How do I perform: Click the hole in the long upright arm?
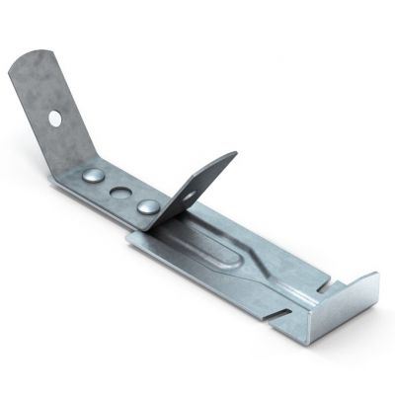[55, 118]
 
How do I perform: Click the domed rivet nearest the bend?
[93, 176]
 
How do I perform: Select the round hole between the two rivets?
[119, 192]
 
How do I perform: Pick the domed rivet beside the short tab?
[147, 206]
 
